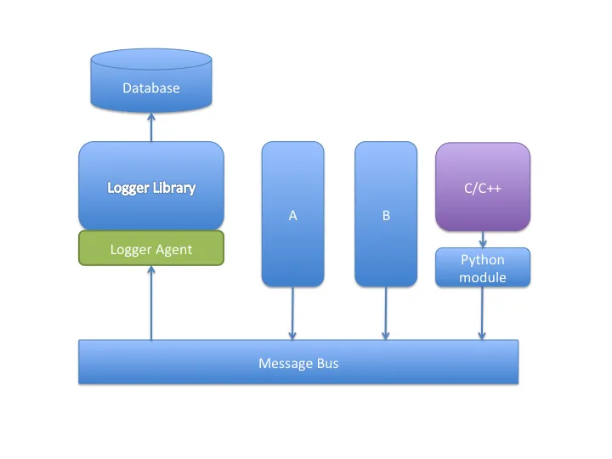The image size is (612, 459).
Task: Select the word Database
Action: click(x=151, y=88)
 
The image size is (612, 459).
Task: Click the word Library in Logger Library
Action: click(x=174, y=188)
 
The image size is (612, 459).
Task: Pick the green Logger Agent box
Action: click(x=151, y=248)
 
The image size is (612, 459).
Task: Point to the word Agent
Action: click(x=173, y=249)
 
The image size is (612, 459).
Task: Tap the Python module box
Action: click(x=483, y=268)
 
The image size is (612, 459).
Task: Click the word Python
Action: click(x=483, y=260)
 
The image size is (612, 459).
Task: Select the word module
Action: click(x=483, y=278)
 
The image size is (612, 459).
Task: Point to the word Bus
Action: click(x=327, y=364)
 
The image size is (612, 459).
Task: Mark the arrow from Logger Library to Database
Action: click(x=151, y=127)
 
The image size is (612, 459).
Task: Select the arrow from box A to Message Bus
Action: click(x=292, y=313)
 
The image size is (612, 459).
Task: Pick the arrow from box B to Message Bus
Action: click(x=386, y=313)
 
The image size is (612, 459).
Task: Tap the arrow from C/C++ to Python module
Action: click(x=483, y=239)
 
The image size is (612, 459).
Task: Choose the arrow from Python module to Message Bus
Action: click(x=483, y=313)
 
